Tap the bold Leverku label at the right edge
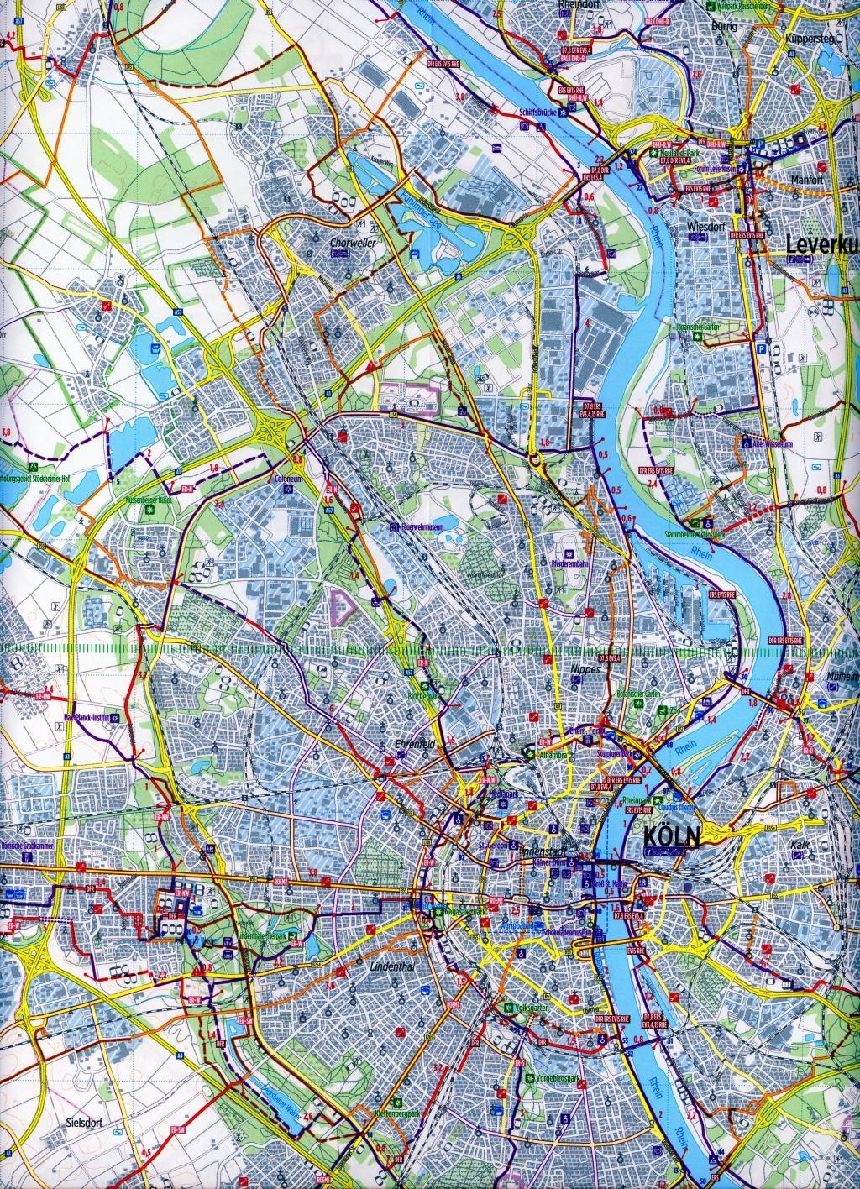(x=822, y=245)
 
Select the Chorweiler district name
(x=351, y=244)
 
